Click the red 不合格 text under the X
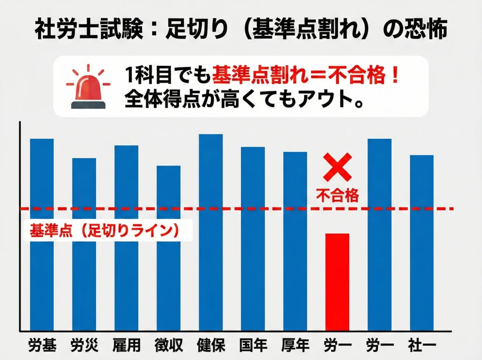click(x=337, y=195)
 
